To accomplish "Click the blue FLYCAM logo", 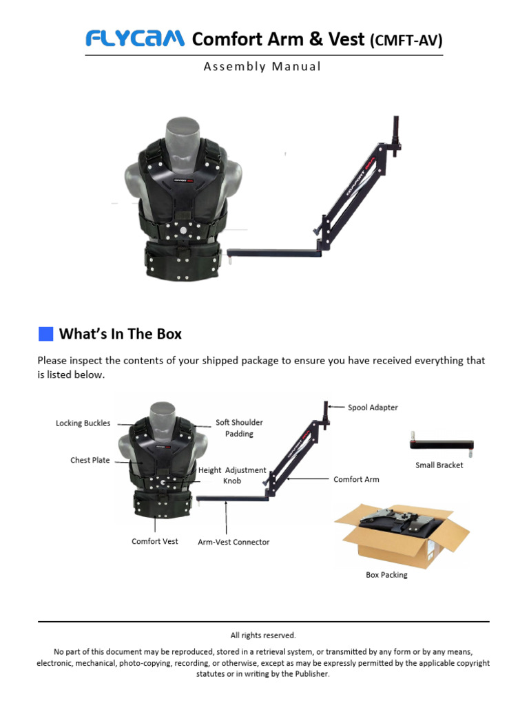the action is [x=135, y=39].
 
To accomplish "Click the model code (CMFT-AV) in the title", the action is [x=406, y=41].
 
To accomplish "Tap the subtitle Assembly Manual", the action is [x=262, y=67].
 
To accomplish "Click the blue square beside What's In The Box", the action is [x=46, y=334].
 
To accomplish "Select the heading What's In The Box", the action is [x=121, y=334].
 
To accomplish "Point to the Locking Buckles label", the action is [x=83, y=423].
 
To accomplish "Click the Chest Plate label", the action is [x=90, y=460].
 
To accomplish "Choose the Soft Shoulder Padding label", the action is [x=239, y=428].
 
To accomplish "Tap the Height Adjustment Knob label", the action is [x=232, y=475].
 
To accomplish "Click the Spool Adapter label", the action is [x=373, y=408].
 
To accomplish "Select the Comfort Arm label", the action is [x=356, y=479].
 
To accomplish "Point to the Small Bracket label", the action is [x=439, y=465].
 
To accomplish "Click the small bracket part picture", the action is [x=442, y=444].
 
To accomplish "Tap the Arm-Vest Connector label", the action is [x=234, y=543].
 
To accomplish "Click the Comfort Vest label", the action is [x=155, y=541].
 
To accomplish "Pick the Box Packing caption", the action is [x=386, y=575].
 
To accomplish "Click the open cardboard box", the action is [x=402, y=535].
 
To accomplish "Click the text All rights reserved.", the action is [x=263, y=635].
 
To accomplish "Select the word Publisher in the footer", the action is [x=312, y=673].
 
